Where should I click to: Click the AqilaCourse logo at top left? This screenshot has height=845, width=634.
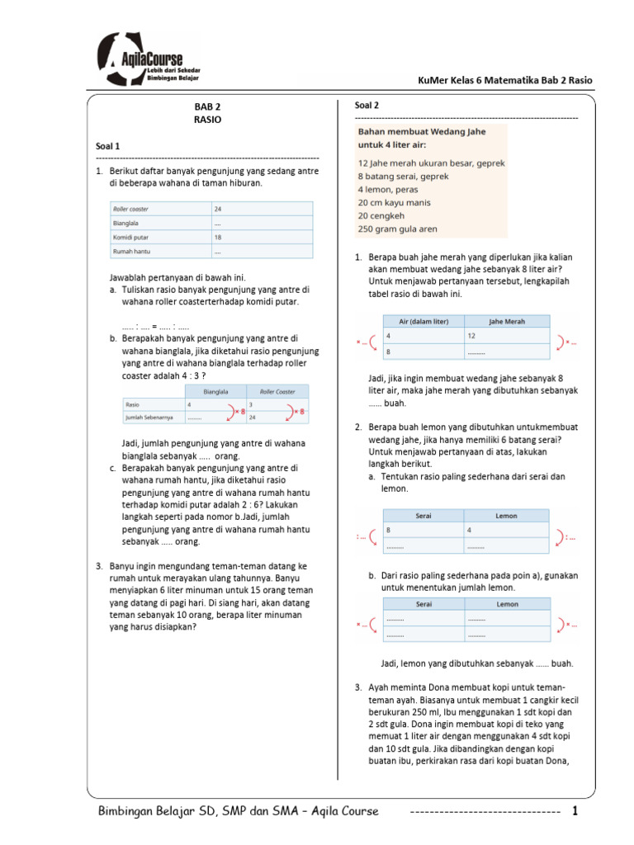[x=149, y=59]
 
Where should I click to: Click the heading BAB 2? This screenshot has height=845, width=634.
[x=207, y=106]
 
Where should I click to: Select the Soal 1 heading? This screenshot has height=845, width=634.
[x=109, y=145]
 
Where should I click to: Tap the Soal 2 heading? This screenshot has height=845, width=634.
[x=367, y=106]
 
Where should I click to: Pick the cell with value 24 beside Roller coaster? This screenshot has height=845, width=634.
[x=218, y=210]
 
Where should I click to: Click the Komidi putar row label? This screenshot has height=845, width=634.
[x=130, y=237]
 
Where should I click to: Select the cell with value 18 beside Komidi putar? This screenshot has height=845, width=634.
[x=218, y=237]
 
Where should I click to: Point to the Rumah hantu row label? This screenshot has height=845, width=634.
[x=130, y=251]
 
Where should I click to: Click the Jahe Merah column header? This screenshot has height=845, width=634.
[x=507, y=322]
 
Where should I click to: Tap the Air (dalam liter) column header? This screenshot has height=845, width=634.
[x=422, y=322]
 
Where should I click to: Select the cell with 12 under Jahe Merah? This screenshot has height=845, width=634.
[x=471, y=336]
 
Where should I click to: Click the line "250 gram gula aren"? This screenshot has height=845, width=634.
[x=398, y=229]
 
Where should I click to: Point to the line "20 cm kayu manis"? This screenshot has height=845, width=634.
[x=395, y=202]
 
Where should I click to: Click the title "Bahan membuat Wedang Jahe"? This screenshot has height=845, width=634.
[x=421, y=131]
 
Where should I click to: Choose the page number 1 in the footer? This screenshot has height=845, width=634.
[x=575, y=811]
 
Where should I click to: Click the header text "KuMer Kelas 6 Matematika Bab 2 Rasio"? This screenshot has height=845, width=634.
[x=506, y=80]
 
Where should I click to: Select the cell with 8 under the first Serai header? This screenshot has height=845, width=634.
[x=389, y=530]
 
